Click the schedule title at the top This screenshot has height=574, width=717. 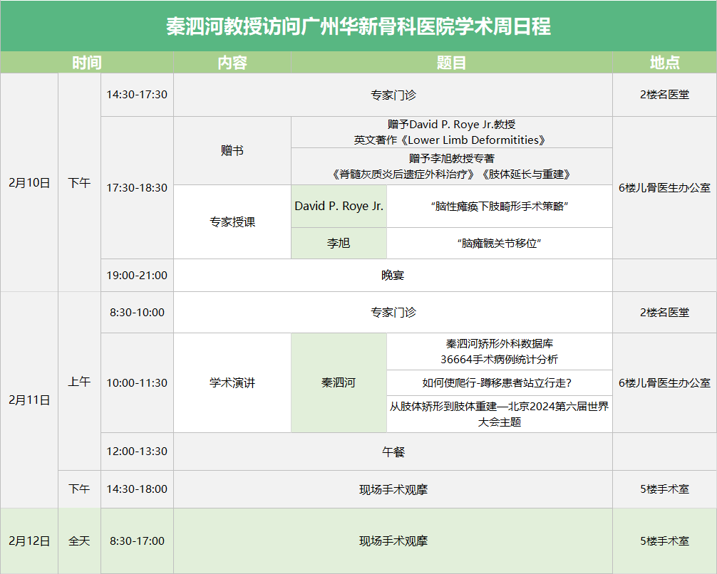tap(358, 26)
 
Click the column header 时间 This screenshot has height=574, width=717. tap(86, 63)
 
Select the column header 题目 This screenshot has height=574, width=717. tap(451, 63)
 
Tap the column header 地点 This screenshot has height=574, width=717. tap(664, 63)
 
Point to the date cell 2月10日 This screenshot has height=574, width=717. tap(29, 183)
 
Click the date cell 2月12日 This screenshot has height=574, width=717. tap(29, 541)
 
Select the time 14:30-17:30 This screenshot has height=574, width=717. tap(137, 95)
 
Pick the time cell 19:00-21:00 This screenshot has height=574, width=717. tap(137, 275)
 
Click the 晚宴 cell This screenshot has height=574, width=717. tap(393, 275)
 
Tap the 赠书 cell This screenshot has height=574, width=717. tap(232, 150)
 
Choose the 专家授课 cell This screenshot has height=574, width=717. tap(232, 222)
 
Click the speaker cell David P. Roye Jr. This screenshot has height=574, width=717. tap(339, 206)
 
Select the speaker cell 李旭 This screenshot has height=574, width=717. tap(339, 243)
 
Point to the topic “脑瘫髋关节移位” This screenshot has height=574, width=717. tap(500, 243)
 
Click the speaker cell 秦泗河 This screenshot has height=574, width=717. tap(339, 382)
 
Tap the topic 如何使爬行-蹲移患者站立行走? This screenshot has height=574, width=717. tap(497, 382)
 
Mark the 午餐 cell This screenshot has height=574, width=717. tap(393, 452)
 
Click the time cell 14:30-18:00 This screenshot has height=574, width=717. tap(137, 489)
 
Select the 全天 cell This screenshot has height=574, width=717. tap(79, 541)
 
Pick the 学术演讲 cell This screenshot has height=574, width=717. tap(232, 382)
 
